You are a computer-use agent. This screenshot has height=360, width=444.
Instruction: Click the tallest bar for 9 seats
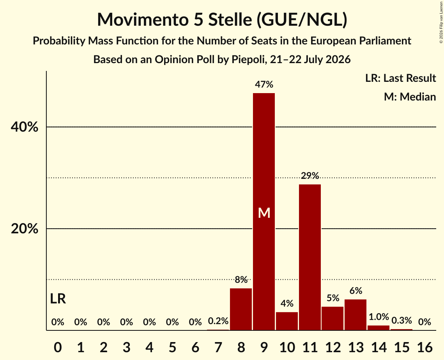[x=264, y=212]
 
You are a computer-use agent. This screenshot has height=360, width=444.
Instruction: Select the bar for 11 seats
[x=310, y=257]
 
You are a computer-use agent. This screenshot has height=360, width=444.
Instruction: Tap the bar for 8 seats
[x=241, y=309]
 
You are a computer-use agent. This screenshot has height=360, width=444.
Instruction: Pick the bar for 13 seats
[x=356, y=315]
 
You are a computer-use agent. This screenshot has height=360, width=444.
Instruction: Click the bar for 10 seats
[x=287, y=321]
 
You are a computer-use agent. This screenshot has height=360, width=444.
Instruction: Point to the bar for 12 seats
[x=333, y=318]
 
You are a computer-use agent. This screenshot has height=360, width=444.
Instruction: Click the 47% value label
[x=264, y=84]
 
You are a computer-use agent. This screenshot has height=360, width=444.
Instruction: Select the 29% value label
[x=310, y=176]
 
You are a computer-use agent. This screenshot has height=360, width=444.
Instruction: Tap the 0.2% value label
[x=218, y=321]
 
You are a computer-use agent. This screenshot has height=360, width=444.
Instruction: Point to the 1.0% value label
[x=379, y=317]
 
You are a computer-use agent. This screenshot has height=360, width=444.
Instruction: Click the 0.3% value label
[x=402, y=320]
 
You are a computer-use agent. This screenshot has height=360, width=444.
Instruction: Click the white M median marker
[x=264, y=213]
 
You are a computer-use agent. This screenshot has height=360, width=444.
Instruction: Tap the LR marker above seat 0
[x=58, y=298]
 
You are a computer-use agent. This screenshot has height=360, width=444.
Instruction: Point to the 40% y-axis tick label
[x=24, y=127]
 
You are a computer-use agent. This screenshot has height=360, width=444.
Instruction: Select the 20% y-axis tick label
[x=24, y=228]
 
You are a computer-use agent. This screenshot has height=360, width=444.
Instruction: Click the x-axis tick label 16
[x=425, y=347]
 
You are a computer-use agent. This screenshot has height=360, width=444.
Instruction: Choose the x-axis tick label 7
[x=218, y=347]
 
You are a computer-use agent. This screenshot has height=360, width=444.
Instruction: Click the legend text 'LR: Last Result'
[x=400, y=78]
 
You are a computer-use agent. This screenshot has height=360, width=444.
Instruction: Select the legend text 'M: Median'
[x=410, y=97]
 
